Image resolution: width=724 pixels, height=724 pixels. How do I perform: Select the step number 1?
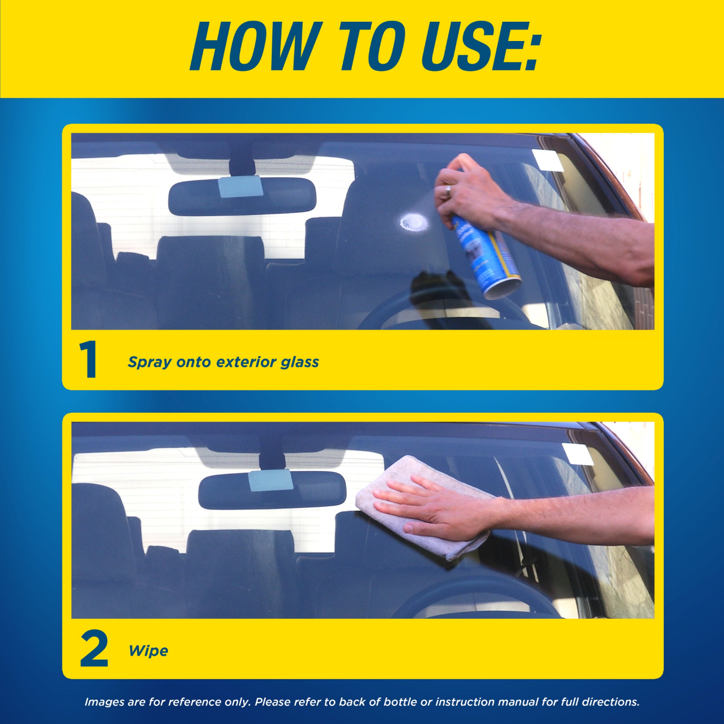point(88,360)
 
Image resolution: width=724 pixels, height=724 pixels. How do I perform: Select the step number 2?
point(94,649)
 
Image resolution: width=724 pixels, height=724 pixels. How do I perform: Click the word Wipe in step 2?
point(148,651)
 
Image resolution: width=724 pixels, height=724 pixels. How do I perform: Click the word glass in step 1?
point(300,362)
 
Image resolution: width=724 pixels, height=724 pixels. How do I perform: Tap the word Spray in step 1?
point(149,362)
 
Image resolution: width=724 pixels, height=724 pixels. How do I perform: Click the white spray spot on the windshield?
point(414,222)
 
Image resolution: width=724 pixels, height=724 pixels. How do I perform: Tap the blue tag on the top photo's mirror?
point(240,187)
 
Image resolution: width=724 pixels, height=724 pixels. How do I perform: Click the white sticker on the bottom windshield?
point(577,454)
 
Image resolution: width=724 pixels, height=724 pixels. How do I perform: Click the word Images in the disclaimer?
point(105,702)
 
